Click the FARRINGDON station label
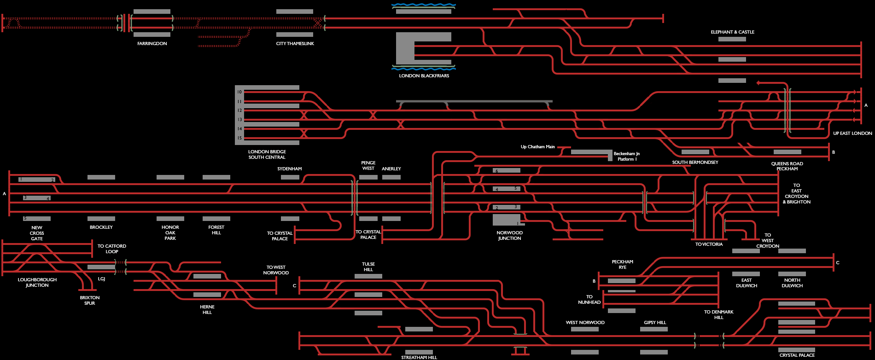click(152, 44)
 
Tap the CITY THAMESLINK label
click(295, 44)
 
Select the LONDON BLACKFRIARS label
click(424, 76)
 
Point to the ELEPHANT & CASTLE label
click(732, 32)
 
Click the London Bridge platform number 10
click(239, 92)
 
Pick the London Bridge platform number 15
click(239, 138)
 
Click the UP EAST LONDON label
click(852, 134)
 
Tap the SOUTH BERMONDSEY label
click(695, 163)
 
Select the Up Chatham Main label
click(537, 147)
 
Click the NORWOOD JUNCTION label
click(509, 236)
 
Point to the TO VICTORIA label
click(709, 244)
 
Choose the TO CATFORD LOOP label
click(112, 249)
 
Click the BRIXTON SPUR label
click(89, 301)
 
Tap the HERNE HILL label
click(207, 310)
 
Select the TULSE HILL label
click(368, 267)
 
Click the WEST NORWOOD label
click(585, 323)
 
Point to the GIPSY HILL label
click(655, 323)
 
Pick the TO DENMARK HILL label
click(718, 315)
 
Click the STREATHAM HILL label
click(419, 357)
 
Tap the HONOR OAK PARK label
click(170, 233)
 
